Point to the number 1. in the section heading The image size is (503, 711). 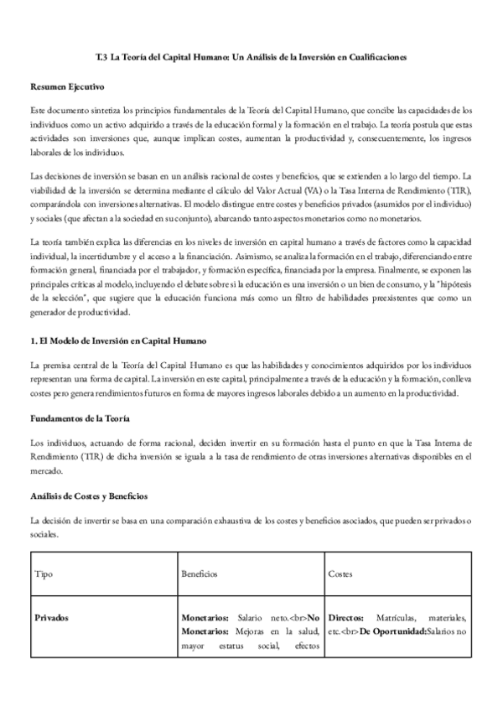click(x=34, y=341)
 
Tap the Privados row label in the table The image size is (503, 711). click(x=52, y=618)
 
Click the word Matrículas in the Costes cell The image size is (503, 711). click(x=398, y=618)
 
